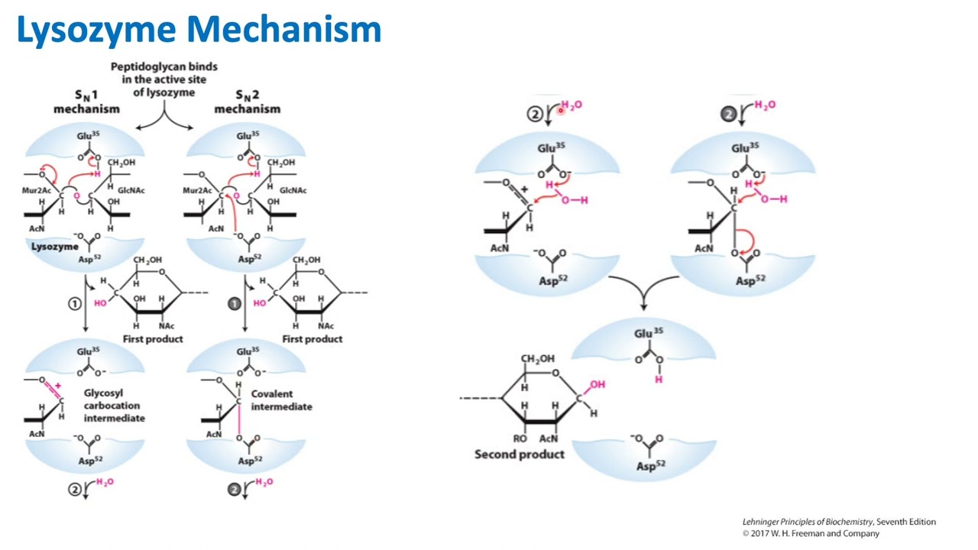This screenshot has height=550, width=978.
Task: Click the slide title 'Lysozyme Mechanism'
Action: click(199, 31)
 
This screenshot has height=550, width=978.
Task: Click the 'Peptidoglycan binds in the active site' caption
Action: click(164, 79)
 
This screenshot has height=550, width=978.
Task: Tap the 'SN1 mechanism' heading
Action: click(86, 102)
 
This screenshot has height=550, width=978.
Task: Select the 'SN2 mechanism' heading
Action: click(247, 102)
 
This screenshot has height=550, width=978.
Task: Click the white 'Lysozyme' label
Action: click(54, 247)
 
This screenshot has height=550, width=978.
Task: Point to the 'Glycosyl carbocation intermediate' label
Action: click(114, 406)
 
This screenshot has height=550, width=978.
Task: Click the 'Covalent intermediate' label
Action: click(281, 400)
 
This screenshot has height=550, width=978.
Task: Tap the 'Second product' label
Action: click(519, 455)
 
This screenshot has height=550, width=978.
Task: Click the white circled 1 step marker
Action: click(74, 304)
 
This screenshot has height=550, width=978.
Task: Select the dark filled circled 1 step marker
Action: click(235, 304)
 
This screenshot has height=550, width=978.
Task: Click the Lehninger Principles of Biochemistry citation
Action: click(838, 522)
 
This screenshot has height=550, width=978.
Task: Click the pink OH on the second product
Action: click(597, 384)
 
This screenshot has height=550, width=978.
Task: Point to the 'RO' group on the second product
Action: click(520, 438)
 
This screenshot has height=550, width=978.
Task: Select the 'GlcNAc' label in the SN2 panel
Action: click(293, 190)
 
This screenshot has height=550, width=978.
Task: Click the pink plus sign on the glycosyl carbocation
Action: click(57, 386)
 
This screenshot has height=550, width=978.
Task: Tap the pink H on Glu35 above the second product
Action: click(659, 380)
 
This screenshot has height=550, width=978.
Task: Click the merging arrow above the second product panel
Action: click(643, 294)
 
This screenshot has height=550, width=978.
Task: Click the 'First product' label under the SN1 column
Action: click(153, 339)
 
